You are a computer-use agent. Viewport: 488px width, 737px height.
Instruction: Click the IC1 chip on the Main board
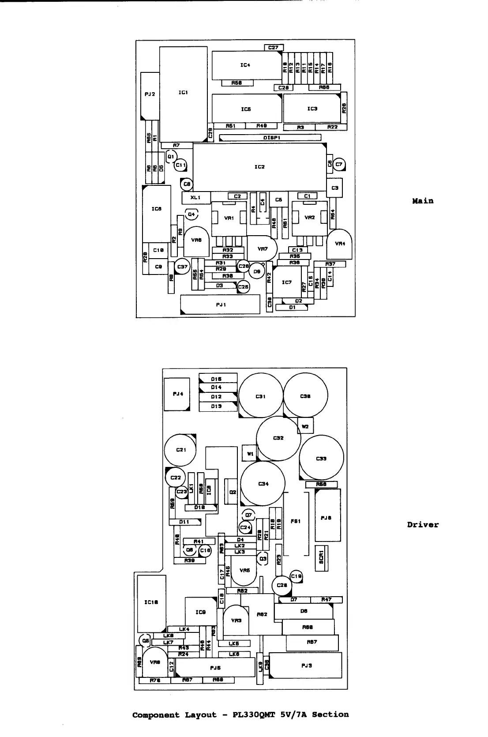coord(183,94)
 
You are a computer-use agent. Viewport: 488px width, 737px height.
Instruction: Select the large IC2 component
coord(259,167)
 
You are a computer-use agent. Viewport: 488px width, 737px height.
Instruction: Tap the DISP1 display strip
coord(270,138)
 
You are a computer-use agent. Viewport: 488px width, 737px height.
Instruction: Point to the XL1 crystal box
coord(195,197)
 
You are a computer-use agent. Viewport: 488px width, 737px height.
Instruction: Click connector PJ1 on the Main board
coord(220,305)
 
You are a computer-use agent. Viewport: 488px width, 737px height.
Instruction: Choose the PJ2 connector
coord(150,95)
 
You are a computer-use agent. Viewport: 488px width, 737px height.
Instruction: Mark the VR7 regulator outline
coord(262,249)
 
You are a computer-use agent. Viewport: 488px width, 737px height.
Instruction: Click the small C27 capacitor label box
coord(274,48)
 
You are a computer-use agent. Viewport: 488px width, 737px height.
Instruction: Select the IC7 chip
coord(287,282)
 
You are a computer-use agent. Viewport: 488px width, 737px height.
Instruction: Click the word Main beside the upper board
coord(423,201)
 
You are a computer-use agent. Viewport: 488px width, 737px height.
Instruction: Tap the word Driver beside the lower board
coord(423,525)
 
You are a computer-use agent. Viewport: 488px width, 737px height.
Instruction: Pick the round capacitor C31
coord(260,396)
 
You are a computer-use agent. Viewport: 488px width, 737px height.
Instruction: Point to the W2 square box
coord(305,426)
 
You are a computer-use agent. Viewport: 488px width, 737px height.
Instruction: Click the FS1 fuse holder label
coord(296,522)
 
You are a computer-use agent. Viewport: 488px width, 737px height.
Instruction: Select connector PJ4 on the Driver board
coord(177,394)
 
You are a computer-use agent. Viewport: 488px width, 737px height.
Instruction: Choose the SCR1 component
coord(321,557)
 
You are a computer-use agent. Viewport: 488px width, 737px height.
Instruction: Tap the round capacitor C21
coord(181,450)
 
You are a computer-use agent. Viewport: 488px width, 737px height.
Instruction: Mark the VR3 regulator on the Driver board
coord(236,620)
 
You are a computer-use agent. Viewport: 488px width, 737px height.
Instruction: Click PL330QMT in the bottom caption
coord(256,714)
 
